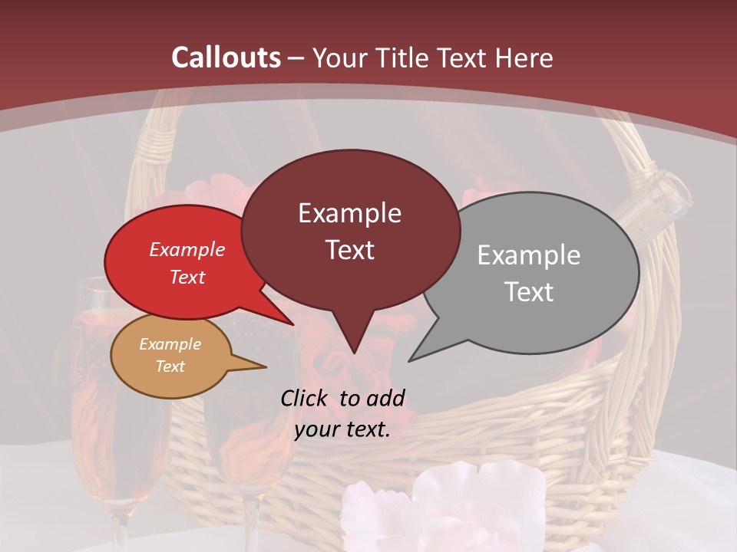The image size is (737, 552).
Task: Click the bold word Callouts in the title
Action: [x=226, y=58]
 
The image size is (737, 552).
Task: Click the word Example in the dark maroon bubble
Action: [x=349, y=213]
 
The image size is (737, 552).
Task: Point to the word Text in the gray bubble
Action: [x=529, y=292]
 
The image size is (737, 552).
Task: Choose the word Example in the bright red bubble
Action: [x=187, y=249]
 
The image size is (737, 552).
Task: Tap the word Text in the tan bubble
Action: [x=170, y=366]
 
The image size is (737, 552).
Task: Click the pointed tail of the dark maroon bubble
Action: [x=353, y=345]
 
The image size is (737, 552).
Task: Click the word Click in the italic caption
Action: [x=306, y=398]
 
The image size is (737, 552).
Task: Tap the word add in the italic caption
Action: [x=385, y=398]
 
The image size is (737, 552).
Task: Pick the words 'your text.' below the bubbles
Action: [x=342, y=429]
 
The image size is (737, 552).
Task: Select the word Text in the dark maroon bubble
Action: [x=349, y=250]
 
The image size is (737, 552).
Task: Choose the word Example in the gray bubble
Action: [x=529, y=255]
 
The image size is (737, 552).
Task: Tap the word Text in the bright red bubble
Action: [x=187, y=277]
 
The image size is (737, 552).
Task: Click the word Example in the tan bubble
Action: [x=170, y=344]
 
